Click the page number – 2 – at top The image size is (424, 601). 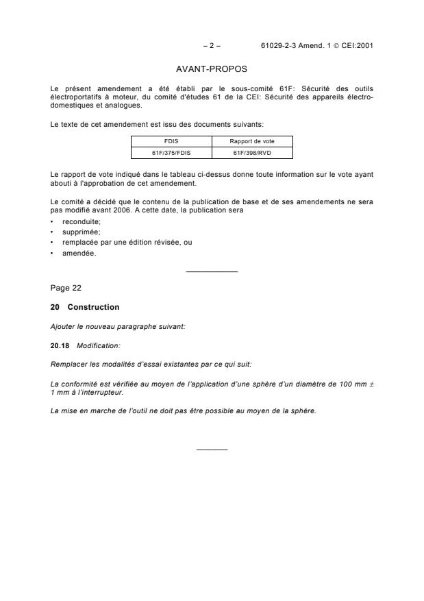(212, 46)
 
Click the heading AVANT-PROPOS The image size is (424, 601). (212, 69)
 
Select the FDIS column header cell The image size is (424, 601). (171, 141)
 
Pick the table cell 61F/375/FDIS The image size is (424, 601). (171, 153)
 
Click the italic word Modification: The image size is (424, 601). (94, 345)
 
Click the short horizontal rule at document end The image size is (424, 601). (212, 450)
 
